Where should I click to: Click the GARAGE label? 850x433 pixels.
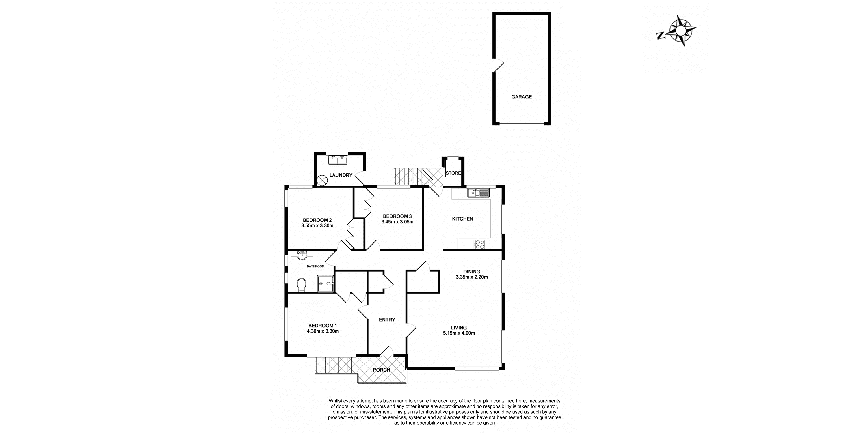(x=521, y=97)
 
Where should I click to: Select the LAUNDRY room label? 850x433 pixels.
(x=341, y=175)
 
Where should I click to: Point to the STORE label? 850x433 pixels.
(x=453, y=173)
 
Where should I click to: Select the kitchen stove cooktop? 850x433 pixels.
(x=479, y=245)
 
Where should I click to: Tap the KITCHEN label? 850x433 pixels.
(x=462, y=219)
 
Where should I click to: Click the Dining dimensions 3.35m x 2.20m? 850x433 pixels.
(x=472, y=277)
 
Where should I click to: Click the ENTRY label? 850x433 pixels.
(x=387, y=320)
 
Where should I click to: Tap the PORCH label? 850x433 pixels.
(x=382, y=370)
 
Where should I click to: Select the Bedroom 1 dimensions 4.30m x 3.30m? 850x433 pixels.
(x=323, y=331)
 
